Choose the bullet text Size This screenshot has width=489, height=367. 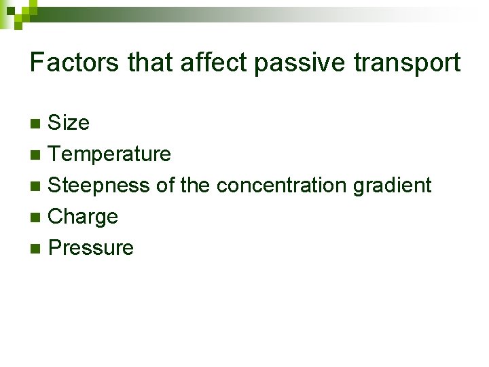(69, 123)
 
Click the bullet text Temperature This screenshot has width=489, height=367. (109, 154)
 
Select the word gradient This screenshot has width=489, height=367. (393, 185)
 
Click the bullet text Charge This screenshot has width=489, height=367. (83, 217)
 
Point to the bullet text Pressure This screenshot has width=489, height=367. (91, 247)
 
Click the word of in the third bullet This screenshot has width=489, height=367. (166, 185)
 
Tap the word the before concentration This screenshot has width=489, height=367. (196, 185)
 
